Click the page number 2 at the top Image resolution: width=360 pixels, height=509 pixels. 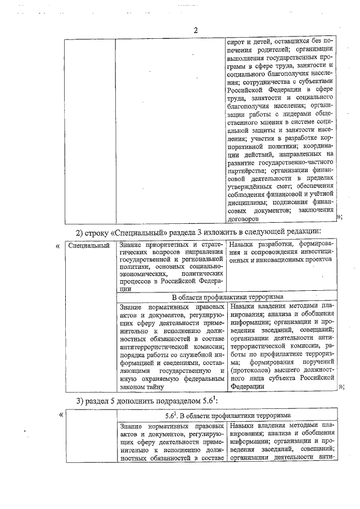pyautogui.click(x=195, y=30)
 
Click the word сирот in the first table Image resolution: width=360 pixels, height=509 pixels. pyautogui.click(x=237, y=42)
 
